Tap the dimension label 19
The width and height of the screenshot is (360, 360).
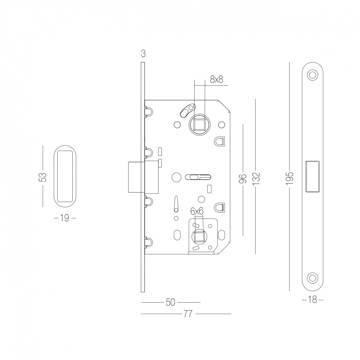point(65,218)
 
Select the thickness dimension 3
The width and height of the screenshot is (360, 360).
point(143,54)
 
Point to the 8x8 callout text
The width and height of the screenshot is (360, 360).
point(217,79)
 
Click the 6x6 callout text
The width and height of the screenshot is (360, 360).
point(197,211)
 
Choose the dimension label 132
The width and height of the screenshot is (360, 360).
point(256,179)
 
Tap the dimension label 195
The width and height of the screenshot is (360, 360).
point(289,178)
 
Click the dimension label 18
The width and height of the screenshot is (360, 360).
point(313,300)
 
